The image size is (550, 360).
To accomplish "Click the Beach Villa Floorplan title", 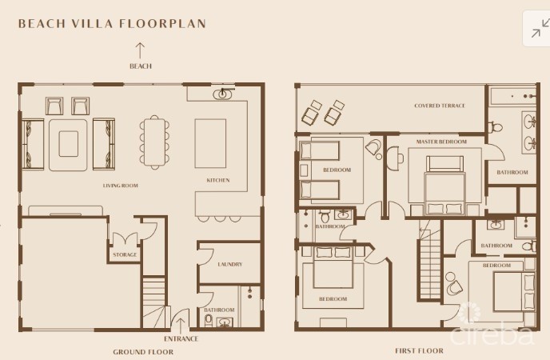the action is [112, 23].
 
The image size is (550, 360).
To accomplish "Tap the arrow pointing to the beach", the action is [141, 50].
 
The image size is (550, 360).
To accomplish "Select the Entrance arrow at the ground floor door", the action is [181, 326].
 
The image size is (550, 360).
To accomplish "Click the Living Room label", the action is [120, 186].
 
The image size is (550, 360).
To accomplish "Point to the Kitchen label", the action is [218, 180].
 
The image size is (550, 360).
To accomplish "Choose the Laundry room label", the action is [230, 264].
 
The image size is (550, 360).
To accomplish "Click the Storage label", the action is [125, 254].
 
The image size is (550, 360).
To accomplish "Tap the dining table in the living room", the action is [154, 142].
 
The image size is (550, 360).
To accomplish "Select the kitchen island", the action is [210, 143].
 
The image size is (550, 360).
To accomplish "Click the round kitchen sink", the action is [222, 94].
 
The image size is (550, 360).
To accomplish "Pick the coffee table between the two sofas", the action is [69, 144].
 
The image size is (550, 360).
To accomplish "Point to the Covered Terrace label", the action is [440, 106].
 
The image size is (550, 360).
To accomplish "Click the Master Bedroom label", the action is [441, 142].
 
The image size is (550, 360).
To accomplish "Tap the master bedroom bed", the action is [445, 186].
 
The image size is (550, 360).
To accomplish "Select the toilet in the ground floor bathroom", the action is [209, 320].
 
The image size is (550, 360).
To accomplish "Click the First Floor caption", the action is [419, 350].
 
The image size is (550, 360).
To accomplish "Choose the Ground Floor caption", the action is [143, 352].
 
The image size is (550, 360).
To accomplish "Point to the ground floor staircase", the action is [153, 303].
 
